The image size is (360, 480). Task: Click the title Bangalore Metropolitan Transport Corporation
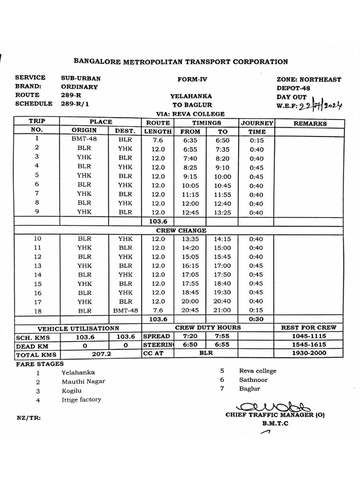(x=180, y=61)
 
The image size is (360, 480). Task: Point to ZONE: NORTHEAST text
(x=309, y=79)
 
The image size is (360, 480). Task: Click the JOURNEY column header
(x=257, y=123)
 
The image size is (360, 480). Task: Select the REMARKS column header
(x=309, y=123)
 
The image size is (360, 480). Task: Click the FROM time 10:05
(x=190, y=186)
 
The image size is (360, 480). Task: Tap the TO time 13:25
(x=223, y=212)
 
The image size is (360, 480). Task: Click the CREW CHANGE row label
(x=181, y=231)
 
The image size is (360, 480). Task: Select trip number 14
(x=38, y=275)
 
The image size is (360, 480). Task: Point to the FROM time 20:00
(x=190, y=301)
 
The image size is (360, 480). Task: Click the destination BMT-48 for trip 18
(x=125, y=310)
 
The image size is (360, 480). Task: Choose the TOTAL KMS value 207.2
(x=101, y=354)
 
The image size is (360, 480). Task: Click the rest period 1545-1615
(x=309, y=345)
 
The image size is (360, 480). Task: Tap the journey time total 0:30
(x=256, y=319)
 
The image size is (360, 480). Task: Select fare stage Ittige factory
(x=81, y=400)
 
